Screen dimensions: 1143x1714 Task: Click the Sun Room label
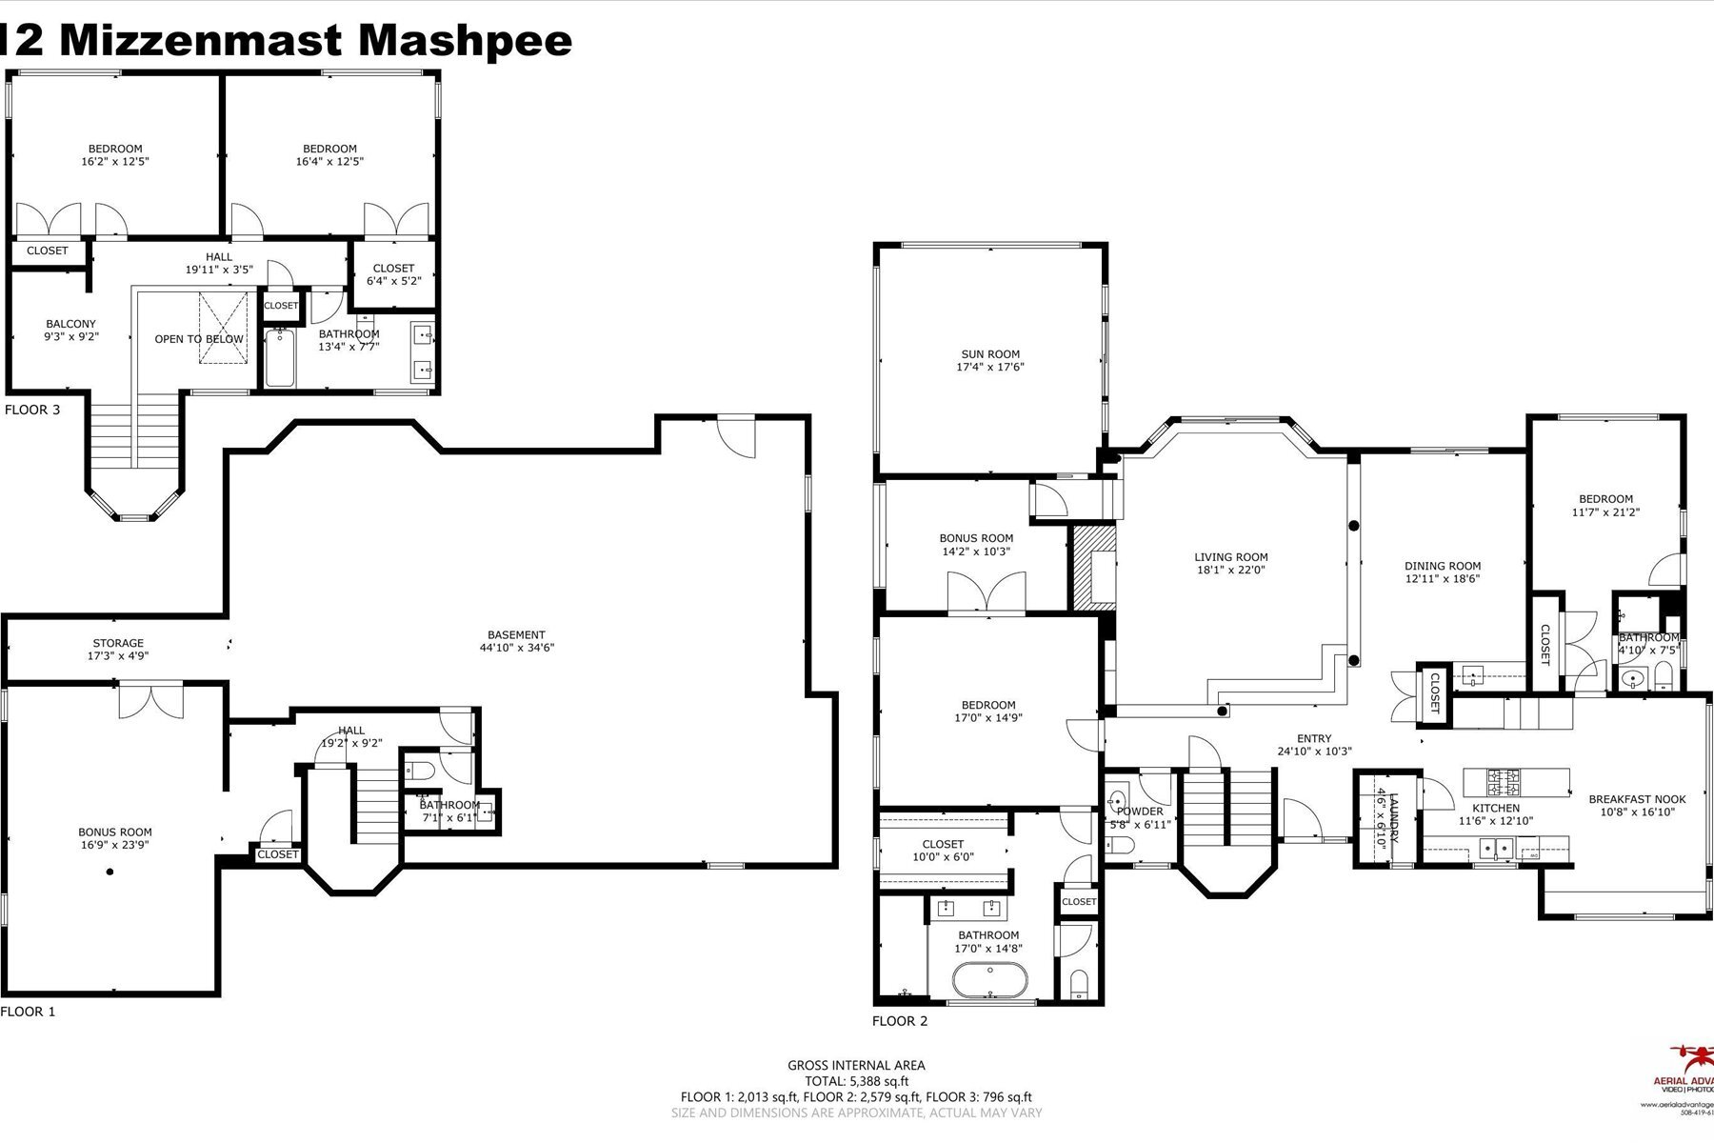[990, 354]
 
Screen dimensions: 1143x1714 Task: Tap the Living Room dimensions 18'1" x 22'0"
[1230, 571]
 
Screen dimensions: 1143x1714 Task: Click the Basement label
[516, 634]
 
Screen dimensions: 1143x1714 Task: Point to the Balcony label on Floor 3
[71, 324]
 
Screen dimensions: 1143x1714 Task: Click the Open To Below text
[199, 339]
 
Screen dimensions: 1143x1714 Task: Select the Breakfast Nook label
[1636, 799]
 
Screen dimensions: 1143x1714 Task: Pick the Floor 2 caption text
[899, 1021]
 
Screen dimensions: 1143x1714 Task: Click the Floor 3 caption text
[31, 410]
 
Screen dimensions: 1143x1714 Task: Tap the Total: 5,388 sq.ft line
[856, 1081]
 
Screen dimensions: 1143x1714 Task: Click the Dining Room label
[1442, 566]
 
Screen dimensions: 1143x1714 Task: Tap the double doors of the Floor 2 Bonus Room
[987, 592]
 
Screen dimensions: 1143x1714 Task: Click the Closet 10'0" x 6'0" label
[943, 844]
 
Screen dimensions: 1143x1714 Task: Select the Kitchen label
[1496, 808]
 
